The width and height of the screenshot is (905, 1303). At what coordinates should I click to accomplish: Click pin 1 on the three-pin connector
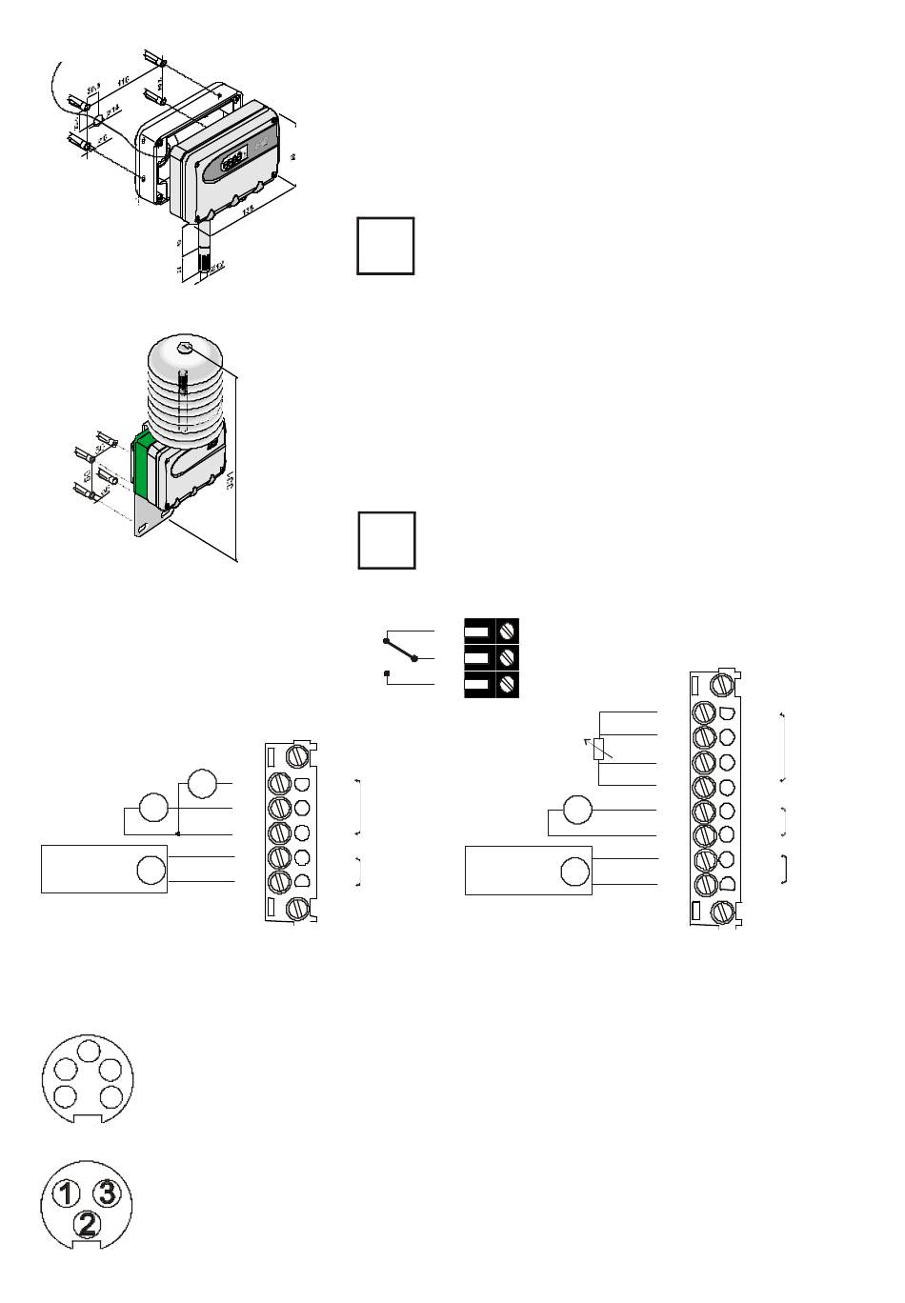[66, 1193]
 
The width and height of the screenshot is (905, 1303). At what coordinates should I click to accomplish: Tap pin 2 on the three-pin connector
[87, 1222]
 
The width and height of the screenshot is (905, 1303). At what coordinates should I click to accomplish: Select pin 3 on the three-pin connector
[108, 1192]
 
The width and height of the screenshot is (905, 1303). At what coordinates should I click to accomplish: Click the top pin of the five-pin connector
[87, 1052]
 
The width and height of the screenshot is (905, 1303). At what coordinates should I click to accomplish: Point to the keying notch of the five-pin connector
[87, 1117]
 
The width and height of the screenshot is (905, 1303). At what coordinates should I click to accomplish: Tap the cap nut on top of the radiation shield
[185, 350]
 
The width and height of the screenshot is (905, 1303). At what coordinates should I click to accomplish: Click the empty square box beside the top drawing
[386, 246]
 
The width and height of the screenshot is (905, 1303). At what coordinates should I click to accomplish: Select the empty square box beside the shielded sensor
[387, 540]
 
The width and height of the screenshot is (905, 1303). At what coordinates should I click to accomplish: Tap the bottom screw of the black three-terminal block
[508, 683]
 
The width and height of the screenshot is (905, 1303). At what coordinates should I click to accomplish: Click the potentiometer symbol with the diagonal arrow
[598, 749]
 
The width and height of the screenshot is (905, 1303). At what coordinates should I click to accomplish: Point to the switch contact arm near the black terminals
[400, 650]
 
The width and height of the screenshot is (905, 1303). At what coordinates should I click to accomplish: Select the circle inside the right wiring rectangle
[575, 872]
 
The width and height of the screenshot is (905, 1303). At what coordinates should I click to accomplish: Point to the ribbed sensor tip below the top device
[202, 263]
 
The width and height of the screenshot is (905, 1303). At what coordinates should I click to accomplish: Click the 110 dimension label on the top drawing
[122, 84]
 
